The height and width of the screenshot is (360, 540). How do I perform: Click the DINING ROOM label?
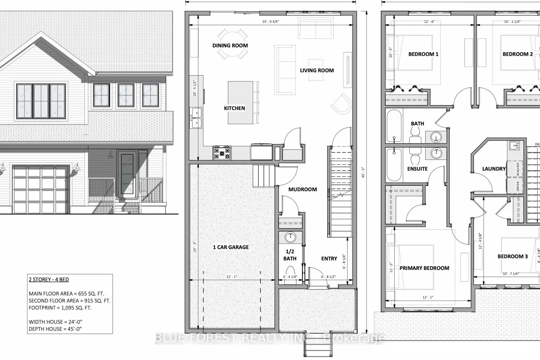click(230, 45)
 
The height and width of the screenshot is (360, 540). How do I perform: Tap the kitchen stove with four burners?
click(222, 153)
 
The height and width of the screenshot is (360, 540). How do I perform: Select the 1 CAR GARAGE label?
click(231, 247)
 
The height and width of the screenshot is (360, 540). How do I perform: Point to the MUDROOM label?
click(302, 189)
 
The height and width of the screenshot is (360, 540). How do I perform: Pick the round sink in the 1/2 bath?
click(290, 237)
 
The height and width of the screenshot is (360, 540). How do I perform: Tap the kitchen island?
click(240, 103)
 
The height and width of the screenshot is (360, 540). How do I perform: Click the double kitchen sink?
click(197, 118)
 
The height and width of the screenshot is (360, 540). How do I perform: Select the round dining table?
click(233, 44)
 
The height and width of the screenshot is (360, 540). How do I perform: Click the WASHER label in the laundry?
click(518, 169)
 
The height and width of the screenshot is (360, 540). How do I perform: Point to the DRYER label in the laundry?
click(518, 186)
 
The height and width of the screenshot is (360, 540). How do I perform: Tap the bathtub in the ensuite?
click(394, 165)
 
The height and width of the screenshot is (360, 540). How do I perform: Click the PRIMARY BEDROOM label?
click(424, 268)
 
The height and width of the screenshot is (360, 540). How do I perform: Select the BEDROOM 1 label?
click(423, 54)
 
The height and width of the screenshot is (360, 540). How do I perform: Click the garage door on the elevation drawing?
click(41, 189)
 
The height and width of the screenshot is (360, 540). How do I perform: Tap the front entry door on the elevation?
click(127, 175)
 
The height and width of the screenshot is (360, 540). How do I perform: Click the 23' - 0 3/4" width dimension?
click(270, 22)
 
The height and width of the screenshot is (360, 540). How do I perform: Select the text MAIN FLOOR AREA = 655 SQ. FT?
click(66, 293)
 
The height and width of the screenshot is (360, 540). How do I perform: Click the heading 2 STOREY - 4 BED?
click(49, 279)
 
